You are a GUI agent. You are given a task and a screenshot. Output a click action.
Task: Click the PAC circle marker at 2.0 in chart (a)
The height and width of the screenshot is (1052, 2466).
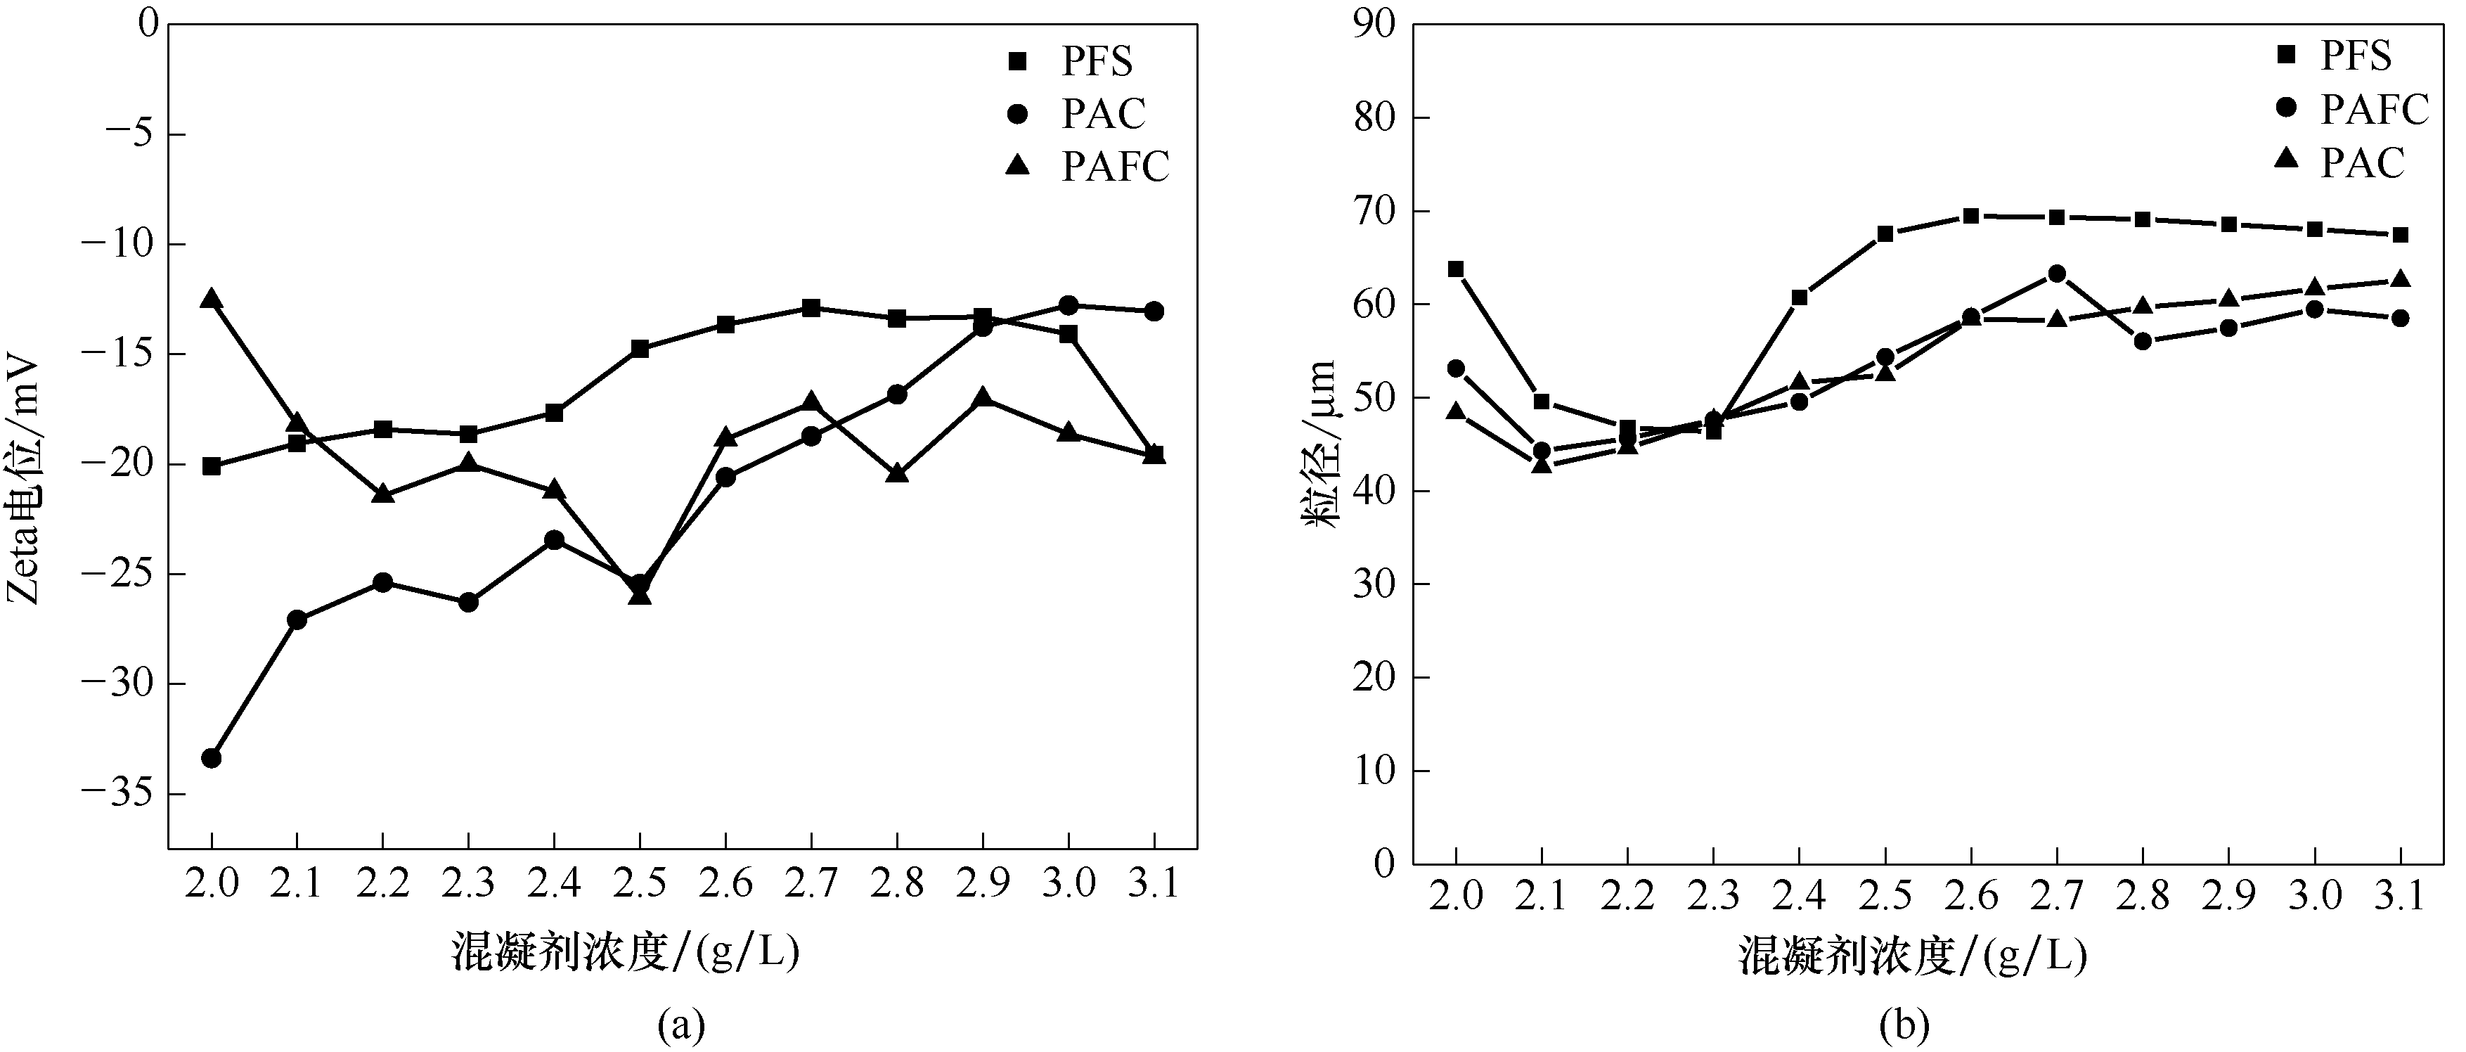tap(212, 758)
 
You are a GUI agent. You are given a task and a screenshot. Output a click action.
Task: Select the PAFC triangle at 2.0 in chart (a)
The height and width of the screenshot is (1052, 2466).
tap(212, 300)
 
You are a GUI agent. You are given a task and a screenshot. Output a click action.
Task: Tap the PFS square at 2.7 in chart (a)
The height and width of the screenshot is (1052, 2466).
tap(811, 308)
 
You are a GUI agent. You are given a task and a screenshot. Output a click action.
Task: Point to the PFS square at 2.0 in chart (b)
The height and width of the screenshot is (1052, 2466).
tap(1456, 269)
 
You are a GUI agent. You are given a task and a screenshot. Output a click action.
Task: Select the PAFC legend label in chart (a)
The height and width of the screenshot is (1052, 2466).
tap(1115, 167)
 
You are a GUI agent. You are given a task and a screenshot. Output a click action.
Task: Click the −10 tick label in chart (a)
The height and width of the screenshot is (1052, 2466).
tap(120, 244)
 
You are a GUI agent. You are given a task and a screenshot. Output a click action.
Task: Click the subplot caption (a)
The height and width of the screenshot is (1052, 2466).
tap(682, 1025)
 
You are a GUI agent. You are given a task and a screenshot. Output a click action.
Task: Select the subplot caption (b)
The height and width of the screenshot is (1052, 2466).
tap(1905, 1025)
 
